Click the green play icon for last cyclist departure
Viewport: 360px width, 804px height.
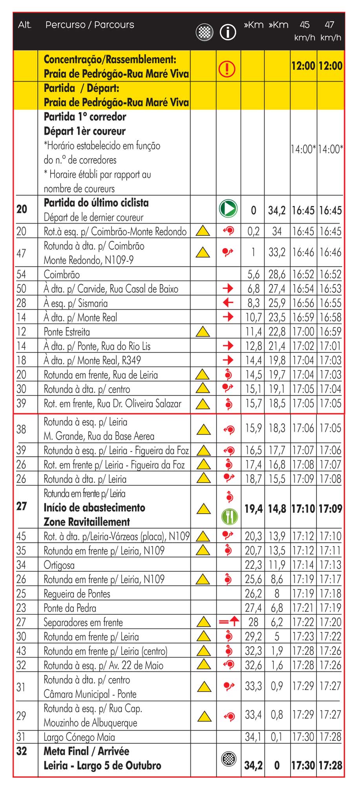(228, 208)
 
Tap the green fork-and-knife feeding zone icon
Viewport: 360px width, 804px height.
(228, 516)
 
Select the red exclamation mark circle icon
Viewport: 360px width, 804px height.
(227, 69)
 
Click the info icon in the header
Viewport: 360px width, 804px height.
(228, 32)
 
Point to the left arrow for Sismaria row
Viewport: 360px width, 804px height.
(228, 303)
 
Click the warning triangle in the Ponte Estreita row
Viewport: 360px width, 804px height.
(203, 332)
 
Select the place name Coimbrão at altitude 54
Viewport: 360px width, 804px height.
(62, 274)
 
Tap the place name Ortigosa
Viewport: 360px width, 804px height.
(59, 565)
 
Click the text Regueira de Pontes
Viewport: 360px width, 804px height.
(77, 594)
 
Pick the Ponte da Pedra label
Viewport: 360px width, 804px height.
(70, 608)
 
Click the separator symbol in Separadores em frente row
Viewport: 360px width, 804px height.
(228, 622)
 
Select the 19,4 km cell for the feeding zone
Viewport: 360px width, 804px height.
(254, 509)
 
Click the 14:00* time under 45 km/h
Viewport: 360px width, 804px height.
(303, 149)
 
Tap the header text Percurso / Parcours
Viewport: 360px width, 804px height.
(90, 25)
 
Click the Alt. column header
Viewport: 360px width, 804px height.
(24, 25)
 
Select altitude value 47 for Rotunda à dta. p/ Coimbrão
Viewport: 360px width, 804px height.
(21, 253)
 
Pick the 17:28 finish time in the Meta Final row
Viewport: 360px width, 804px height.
(331, 765)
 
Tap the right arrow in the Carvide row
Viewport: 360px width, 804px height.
(228, 288)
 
